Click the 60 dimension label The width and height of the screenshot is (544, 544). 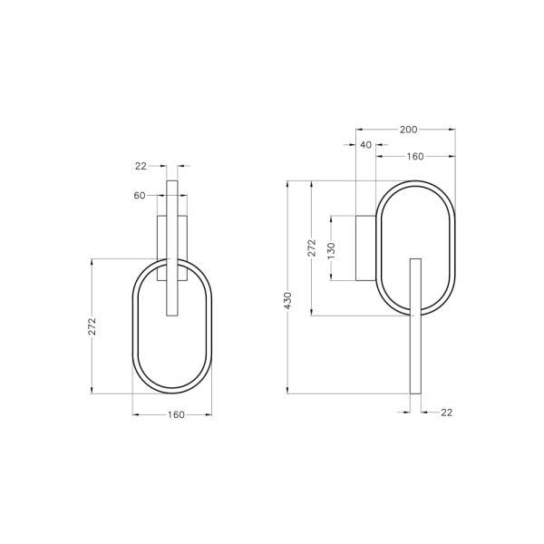(x=140, y=195)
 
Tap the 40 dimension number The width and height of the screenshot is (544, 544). (x=365, y=144)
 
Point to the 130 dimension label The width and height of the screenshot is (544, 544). (x=331, y=248)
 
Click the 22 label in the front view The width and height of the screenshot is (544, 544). (x=141, y=166)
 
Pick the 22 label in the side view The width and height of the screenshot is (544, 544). (x=446, y=413)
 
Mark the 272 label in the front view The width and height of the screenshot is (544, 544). (x=92, y=327)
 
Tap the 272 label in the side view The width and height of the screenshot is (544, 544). (x=311, y=248)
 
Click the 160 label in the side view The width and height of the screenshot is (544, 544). (x=414, y=157)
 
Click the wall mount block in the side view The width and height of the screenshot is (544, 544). (x=364, y=248)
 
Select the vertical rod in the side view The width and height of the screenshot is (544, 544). (x=416, y=325)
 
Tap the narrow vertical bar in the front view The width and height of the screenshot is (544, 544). (x=172, y=247)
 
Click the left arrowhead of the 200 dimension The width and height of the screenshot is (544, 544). (x=358, y=129)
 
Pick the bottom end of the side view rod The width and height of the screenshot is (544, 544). (x=416, y=392)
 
